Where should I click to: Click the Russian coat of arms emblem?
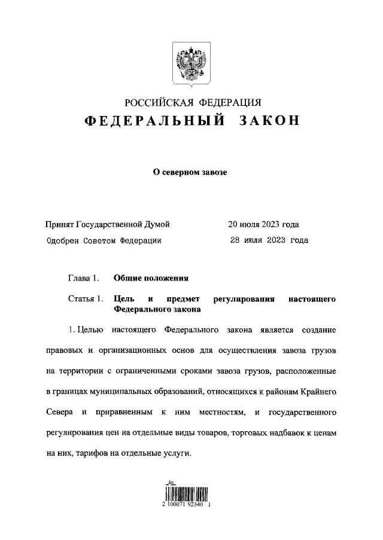click(x=191, y=62)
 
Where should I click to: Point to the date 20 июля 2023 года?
click(x=263, y=224)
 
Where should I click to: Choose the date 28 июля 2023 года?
click(x=269, y=240)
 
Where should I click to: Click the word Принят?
click(x=59, y=224)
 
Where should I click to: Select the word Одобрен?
click(x=62, y=240)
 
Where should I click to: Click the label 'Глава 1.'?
click(x=82, y=278)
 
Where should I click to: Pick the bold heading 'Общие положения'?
click(x=151, y=278)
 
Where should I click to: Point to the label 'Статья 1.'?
click(x=86, y=298)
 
